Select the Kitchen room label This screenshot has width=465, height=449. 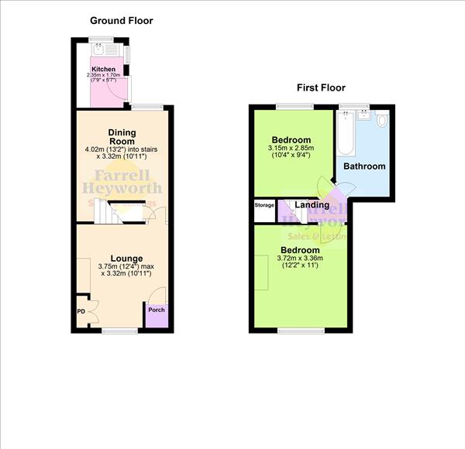coord(103,69)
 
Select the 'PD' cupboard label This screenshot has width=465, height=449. coord(81,311)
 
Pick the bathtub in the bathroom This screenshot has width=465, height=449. coord(345,135)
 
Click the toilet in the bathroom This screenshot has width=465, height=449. coord(381,122)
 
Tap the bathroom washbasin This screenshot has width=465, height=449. coord(362,118)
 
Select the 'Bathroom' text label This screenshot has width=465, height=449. coord(364,166)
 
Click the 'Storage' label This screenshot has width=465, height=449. coord(264,205)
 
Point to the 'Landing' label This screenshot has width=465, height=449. coord(311,204)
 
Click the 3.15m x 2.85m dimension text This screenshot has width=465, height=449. coord(291,149)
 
